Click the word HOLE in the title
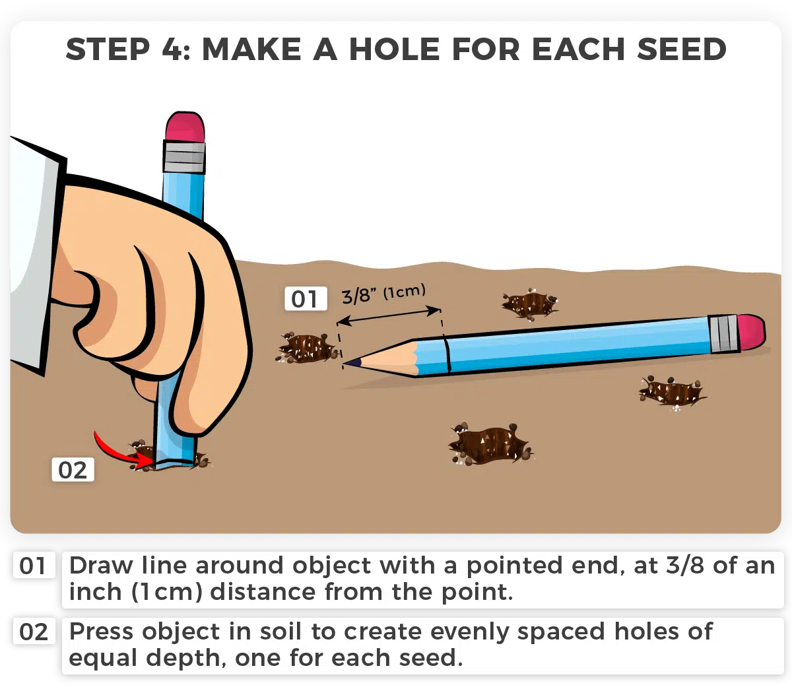click(x=395, y=49)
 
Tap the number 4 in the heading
click(x=171, y=49)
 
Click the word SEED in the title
click(x=681, y=49)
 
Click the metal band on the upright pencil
click(x=184, y=156)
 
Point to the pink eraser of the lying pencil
click(x=752, y=333)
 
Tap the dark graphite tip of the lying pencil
click(x=353, y=363)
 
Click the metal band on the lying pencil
click(x=723, y=333)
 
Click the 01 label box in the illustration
click(x=306, y=298)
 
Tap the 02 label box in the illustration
click(x=73, y=469)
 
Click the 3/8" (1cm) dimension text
click(x=383, y=294)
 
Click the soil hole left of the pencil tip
click(x=308, y=347)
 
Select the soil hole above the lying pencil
click(x=529, y=304)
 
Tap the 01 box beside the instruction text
click(x=34, y=565)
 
